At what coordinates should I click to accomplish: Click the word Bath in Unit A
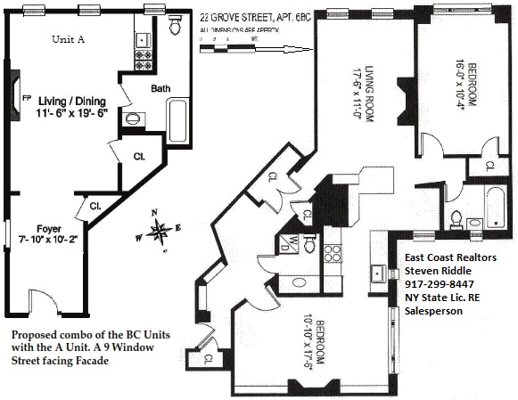pyautogui.click(x=161, y=89)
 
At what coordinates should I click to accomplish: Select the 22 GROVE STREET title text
pyautogui.click(x=236, y=16)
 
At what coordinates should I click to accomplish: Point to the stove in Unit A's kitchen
pyautogui.click(x=143, y=61)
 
